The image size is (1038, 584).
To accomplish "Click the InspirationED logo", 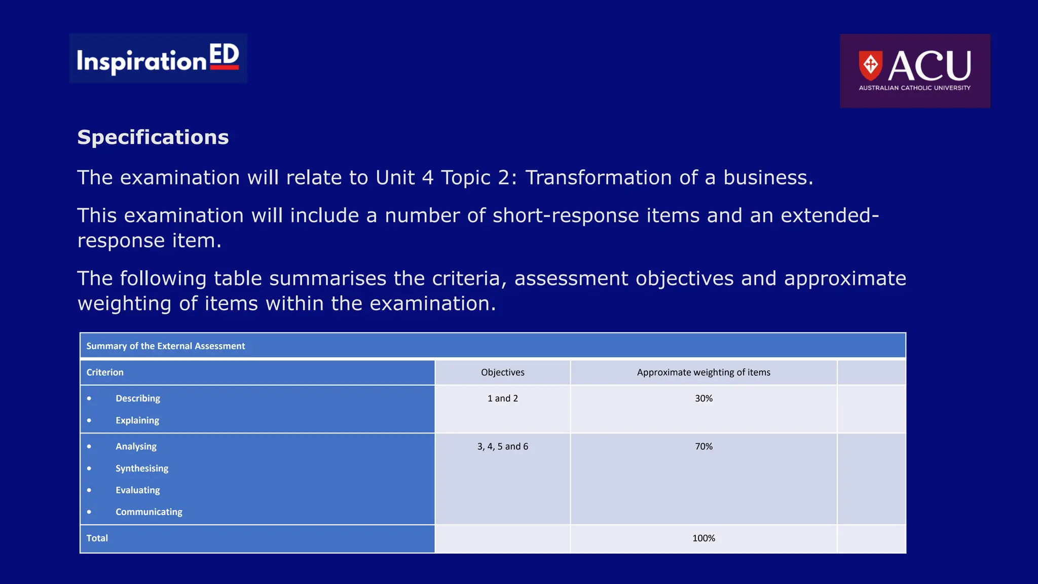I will pyautogui.click(x=158, y=59).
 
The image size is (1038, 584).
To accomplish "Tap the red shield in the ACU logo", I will pyautogui.click(x=870, y=65).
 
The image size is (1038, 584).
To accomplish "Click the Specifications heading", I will pyautogui.click(x=153, y=137).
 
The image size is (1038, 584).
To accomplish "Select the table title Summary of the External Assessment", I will pyautogui.click(x=165, y=346).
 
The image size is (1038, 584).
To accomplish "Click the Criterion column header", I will pyautogui.click(x=105, y=373).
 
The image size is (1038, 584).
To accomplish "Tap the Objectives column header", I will pyautogui.click(x=502, y=373).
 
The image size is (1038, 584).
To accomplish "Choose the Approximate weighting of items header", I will pyautogui.click(x=703, y=373).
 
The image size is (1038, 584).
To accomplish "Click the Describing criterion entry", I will pyautogui.click(x=137, y=398).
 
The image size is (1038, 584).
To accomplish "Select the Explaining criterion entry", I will pyautogui.click(x=137, y=420).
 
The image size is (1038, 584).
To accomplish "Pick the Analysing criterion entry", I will pyautogui.click(x=136, y=447).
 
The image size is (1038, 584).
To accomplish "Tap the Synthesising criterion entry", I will pyautogui.click(x=141, y=468).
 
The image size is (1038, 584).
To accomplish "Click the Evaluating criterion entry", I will pyautogui.click(x=137, y=490).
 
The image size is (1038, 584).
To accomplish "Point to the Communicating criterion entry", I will pyautogui.click(x=149, y=512).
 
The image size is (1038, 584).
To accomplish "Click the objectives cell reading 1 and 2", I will pyautogui.click(x=502, y=398).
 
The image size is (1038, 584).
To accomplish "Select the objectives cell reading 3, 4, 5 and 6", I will pyautogui.click(x=502, y=447).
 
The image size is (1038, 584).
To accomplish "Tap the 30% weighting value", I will pyautogui.click(x=703, y=398).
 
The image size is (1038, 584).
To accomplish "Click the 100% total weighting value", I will pyautogui.click(x=703, y=538).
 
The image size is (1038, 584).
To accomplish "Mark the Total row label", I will pyautogui.click(x=97, y=538).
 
